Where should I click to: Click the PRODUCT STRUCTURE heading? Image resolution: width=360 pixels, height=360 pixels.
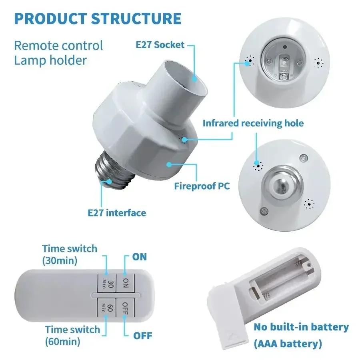98,19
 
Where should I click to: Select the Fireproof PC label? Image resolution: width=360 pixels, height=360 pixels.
202,186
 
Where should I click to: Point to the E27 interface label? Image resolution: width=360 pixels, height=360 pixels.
117,212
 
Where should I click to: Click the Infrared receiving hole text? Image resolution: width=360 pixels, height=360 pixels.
253,123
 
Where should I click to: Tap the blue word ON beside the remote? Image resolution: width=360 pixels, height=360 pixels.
140,256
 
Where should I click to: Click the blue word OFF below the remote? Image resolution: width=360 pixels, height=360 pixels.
142,335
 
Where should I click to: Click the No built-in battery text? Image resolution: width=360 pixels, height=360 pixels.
301,327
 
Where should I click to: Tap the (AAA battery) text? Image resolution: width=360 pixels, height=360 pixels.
288,343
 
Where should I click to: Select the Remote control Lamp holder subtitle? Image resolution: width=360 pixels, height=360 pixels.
58,52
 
